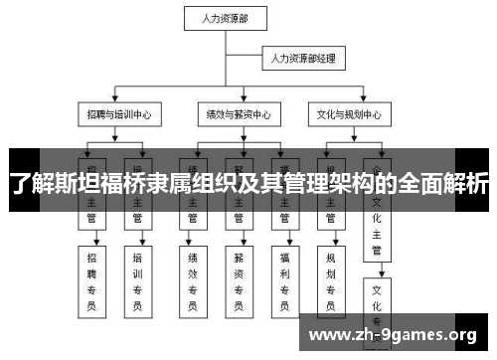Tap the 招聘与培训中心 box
click(x=118, y=115)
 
